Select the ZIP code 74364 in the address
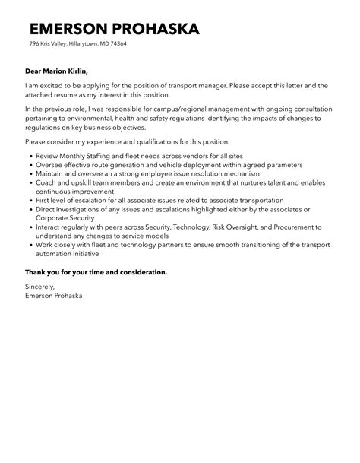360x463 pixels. [117, 44]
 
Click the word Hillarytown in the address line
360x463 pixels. [76, 44]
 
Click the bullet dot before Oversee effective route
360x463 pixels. [30, 165]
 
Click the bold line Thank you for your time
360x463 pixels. [96, 271]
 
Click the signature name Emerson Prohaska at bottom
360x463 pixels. [54, 296]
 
